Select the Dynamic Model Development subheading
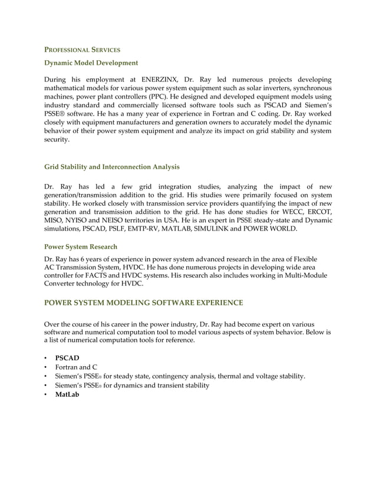click(91, 63)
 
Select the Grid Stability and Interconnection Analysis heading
click(112, 167)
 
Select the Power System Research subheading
click(81, 246)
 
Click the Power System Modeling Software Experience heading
click(143, 302)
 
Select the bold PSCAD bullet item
click(67, 358)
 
